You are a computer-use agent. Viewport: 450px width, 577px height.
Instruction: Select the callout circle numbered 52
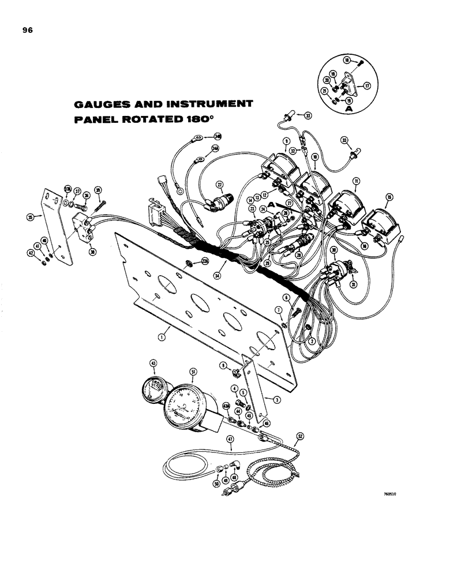(301, 436)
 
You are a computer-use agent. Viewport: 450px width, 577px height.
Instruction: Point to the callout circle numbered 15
(389, 197)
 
